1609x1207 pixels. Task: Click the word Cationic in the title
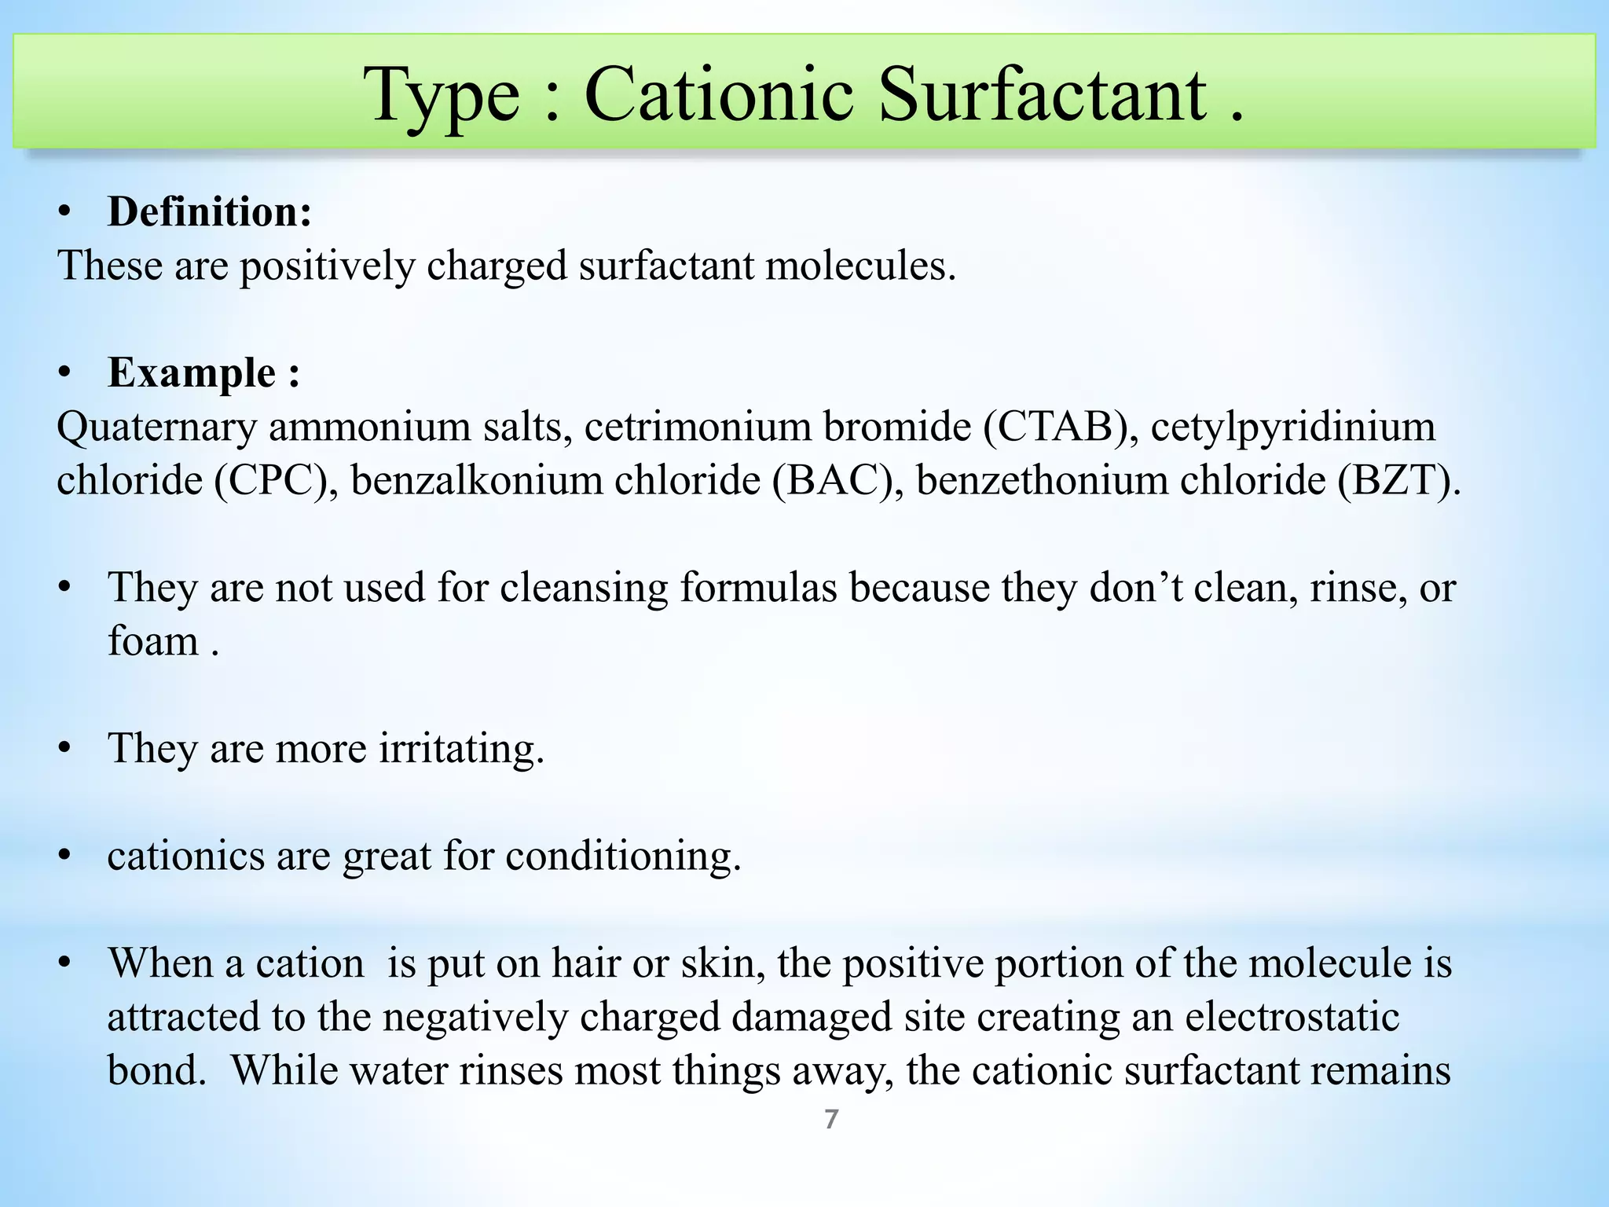coord(718,95)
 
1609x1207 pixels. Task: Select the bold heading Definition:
coord(210,212)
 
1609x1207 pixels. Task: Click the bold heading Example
coord(192,372)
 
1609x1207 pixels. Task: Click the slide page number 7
coord(831,1119)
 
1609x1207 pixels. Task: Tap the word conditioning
coord(623,856)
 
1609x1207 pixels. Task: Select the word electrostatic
coord(1292,1016)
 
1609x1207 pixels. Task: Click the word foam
coord(153,641)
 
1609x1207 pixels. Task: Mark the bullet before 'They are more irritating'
coord(65,748)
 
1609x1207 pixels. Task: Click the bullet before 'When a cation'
coord(65,963)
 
